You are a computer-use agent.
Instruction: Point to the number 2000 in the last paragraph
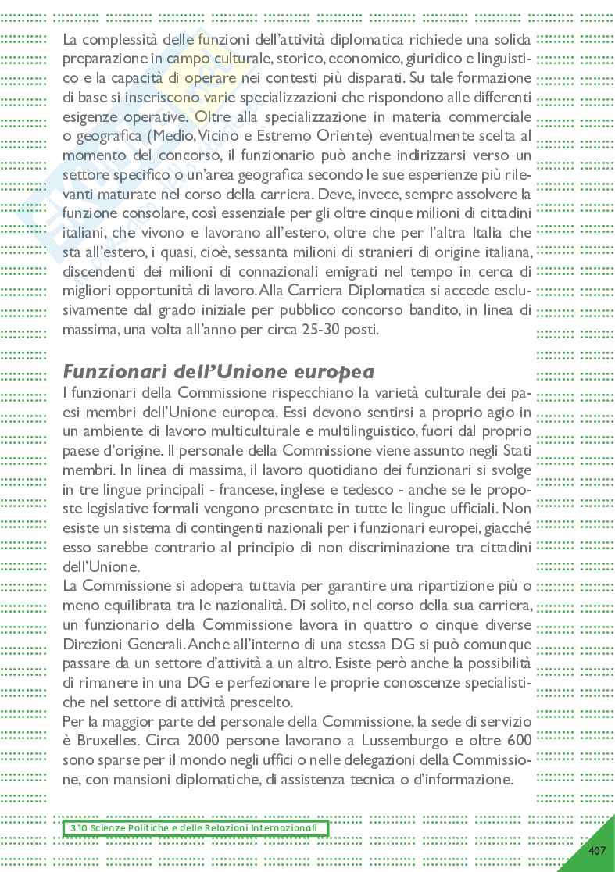(x=207, y=739)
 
